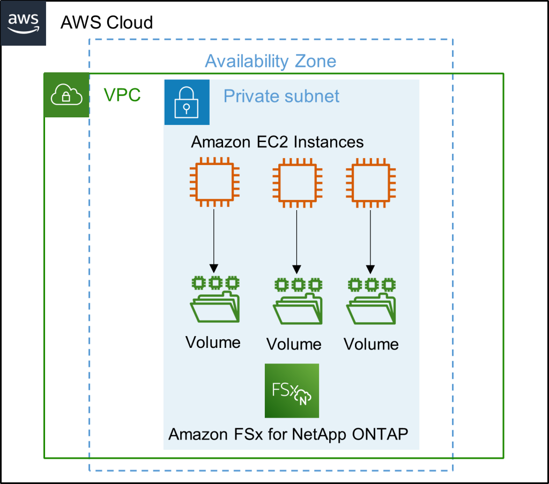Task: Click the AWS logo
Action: pos(23,23)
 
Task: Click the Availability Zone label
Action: pos(270,61)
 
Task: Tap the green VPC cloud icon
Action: pos(66,95)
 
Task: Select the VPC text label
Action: pos(122,95)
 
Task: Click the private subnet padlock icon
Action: pos(186,102)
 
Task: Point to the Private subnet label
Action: pos(281,96)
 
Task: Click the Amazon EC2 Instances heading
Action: pos(277,142)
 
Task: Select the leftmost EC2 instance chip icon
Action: pos(214,182)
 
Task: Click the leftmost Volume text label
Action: pos(213,342)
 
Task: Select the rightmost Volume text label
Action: pos(371,344)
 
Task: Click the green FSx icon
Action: pos(292,390)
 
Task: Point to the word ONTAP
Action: pos(380,434)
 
